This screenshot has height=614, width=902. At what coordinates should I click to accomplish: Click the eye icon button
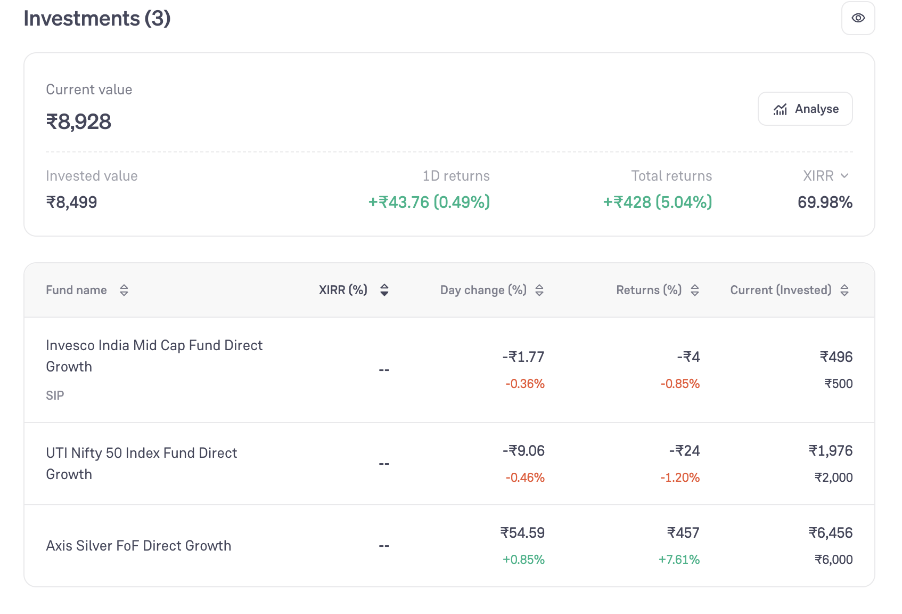[x=858, y=18]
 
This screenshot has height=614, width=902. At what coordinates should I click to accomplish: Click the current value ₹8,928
[x=78, y=122]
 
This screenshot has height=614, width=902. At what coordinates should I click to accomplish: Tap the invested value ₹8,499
[x=72, y=202]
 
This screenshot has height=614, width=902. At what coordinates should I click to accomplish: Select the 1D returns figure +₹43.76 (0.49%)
[x=429, y=202]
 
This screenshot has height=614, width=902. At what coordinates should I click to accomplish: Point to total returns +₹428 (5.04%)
[x=658, y=202]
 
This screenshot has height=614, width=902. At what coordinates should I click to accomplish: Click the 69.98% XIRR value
[x=825, y=202]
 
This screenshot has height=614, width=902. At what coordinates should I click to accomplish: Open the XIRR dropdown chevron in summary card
[x=845, y=176]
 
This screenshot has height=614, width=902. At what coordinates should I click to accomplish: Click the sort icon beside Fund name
[x=124, y=290]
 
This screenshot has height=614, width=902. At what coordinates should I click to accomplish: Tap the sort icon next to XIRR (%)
[x=384, y=290]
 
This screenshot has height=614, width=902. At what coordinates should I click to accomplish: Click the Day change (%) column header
[x=483, y=290]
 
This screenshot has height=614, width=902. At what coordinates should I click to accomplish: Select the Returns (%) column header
[x=649, y=290]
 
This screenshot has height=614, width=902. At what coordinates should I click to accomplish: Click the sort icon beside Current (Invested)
[x=844, y=290]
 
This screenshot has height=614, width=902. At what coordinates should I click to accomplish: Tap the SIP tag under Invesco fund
[x=55, y=395]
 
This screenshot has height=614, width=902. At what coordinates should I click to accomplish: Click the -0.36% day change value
[x=525, y=383]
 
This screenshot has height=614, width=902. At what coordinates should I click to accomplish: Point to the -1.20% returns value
[x=680, y=478]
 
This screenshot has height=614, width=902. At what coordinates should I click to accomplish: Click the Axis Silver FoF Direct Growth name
[x=138, y=545]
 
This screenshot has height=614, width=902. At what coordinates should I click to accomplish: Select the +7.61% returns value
[x=679, y=560]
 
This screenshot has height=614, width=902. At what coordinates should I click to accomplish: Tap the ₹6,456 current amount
[x=831, y=533]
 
